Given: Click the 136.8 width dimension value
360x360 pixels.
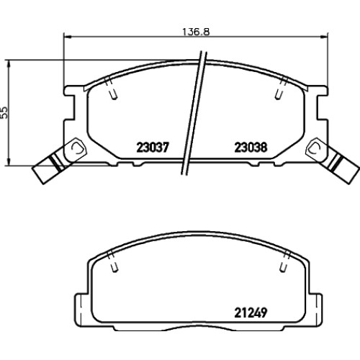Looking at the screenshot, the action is click(196, 32).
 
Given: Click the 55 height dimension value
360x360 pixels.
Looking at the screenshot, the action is click(4, 112).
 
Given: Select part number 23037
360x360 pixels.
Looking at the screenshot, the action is click(153, 147).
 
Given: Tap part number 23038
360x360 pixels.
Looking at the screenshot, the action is click(251, 147).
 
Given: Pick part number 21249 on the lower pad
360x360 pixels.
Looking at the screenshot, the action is click(251, 312).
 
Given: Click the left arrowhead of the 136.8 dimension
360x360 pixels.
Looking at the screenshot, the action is click(68, 37).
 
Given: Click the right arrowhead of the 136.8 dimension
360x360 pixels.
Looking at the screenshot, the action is click(324, 37).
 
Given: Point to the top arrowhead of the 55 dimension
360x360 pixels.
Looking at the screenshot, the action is click(9, 64).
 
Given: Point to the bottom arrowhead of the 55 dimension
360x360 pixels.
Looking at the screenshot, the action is click(9, 161).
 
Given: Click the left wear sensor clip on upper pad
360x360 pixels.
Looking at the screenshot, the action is click(76, 148).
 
